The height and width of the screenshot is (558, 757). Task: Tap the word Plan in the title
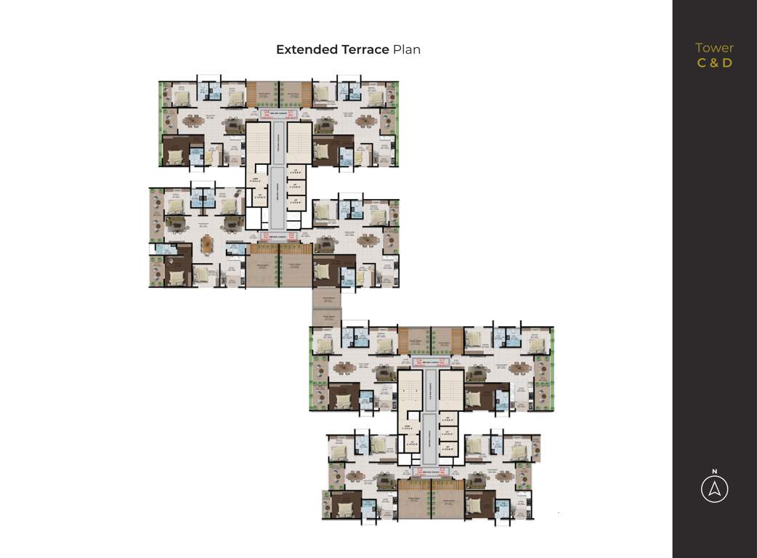407,49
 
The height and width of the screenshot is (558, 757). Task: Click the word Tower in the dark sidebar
714,48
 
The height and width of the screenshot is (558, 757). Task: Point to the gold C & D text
714,62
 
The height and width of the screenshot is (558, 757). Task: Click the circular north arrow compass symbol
714,490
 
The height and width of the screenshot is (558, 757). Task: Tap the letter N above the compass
714,471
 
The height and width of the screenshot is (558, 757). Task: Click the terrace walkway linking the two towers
326,308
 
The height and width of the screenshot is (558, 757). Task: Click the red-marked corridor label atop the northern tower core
279,114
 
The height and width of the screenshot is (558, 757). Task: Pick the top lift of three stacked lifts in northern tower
295,173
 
